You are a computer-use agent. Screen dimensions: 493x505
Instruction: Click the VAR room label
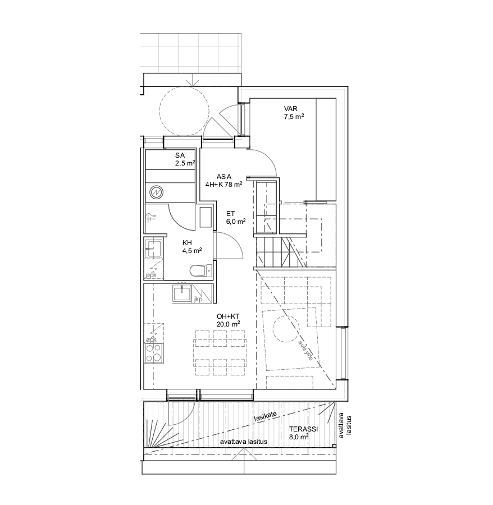click(x=291, y=109)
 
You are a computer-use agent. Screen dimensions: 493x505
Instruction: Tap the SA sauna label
click(x=180, y=155)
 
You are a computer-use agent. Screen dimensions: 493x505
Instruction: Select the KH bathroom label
click(x=187, y=243)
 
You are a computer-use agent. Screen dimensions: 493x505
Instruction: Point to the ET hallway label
click(x=230, y=214)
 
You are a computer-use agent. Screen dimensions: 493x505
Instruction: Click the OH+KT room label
click(x=228, y=316)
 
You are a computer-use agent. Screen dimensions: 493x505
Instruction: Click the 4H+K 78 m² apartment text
click(x=223, y=185)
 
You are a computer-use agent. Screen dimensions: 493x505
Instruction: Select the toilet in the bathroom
click(x=201, y=270)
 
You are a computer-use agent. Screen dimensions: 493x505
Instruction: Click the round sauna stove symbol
click(x=156, y=192)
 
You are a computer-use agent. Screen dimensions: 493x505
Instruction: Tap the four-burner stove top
click(x=154, y=353)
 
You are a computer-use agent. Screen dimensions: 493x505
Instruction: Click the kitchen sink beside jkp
click(x=182, y=293)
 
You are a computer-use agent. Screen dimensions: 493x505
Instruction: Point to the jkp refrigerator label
click(x=198, y=300)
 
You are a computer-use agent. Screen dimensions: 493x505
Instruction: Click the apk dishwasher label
click(x=151, y=340)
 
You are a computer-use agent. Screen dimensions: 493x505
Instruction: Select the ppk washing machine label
click(x=151, y=276)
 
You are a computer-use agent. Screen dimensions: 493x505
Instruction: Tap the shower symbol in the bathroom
click(x=150, y=218)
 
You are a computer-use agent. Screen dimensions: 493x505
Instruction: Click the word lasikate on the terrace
click(x=265, y=417)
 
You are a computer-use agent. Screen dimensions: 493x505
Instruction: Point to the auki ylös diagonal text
click(x=305, y=350)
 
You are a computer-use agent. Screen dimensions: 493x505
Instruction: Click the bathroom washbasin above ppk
click(x=154, y=249)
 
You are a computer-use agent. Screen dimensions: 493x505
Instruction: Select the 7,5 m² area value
click(x=294, y=117)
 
